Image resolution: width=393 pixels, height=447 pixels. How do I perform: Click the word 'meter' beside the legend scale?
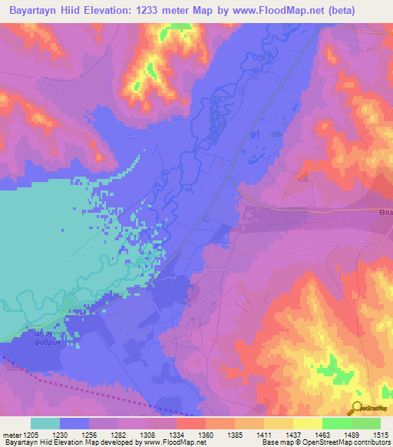tap(12, 435)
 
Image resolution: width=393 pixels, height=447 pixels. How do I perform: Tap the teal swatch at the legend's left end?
tap(45, 423)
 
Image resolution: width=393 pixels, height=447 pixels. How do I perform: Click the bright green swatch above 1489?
tap(337, 423)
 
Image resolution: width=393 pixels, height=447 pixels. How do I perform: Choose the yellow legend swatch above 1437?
tap(279, 423)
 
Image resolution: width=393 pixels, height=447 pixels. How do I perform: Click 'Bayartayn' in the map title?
tap(30, 11)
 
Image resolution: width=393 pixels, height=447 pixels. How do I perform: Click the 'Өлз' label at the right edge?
tap(385, 213)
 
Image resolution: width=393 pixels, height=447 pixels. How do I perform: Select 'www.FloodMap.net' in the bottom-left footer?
tap(174, 443)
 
